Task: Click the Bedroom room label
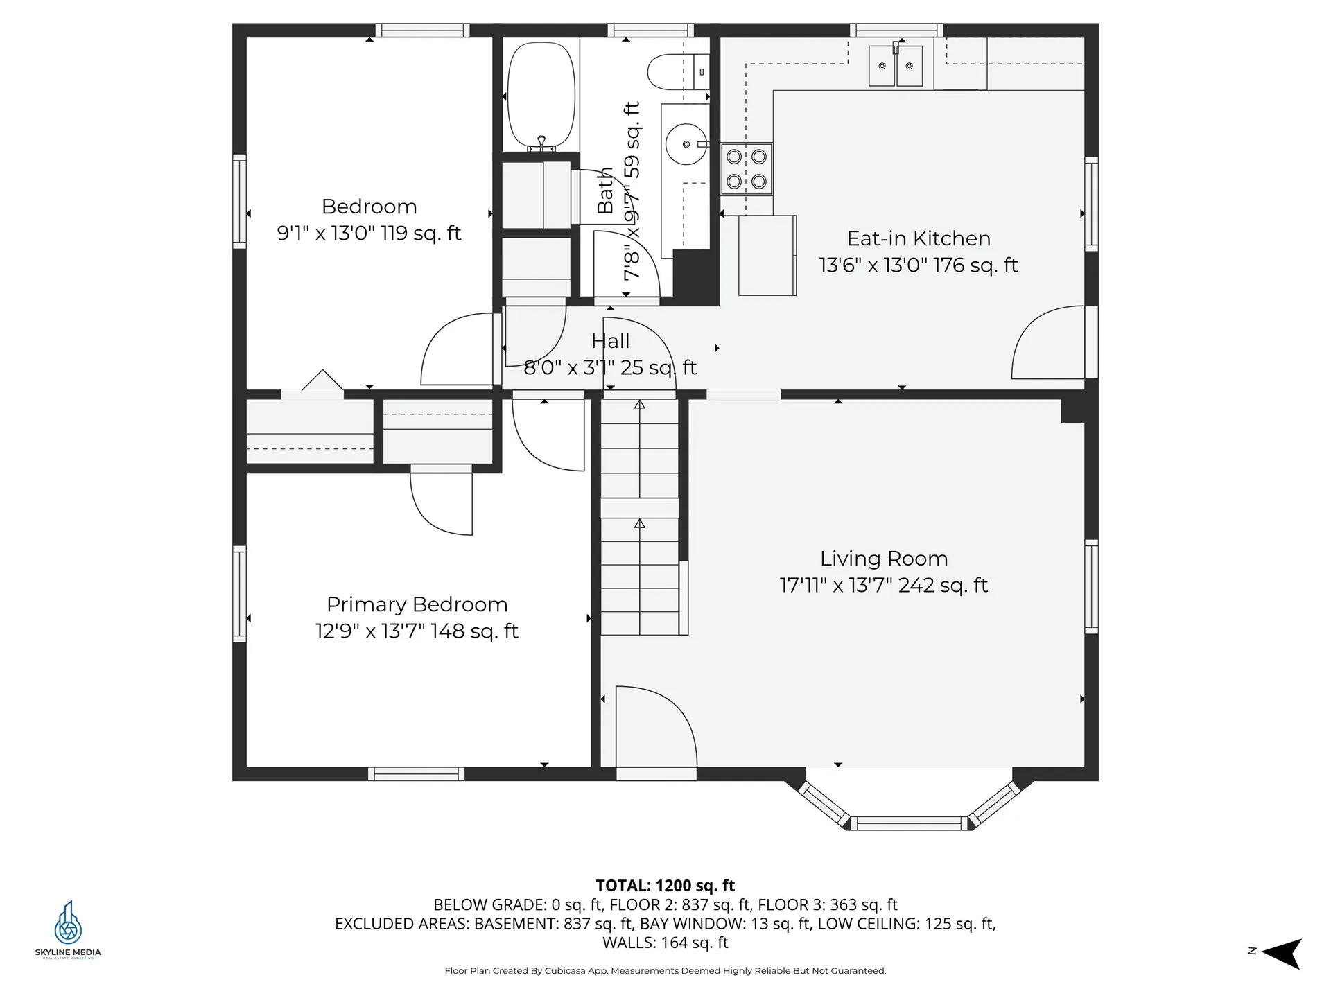click(x=369, y=207)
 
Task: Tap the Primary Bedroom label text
click(x=417, y=604)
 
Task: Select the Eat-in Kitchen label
click(x=919, y=238)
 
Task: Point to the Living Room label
click(x=884, y=559)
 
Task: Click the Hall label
click(x=610, y=341)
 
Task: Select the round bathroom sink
click(x=686, y=144)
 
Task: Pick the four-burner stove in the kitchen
click(x=747, y=169)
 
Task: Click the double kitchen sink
click(x=896, y=66)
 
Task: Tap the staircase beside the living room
click(x=639, y=517)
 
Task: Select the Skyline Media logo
click(x=68, y=929)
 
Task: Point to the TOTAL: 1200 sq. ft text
click(x=665, y=886)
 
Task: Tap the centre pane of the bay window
click(x=908, y=823)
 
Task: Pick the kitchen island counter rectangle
click(x=767, y=255)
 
